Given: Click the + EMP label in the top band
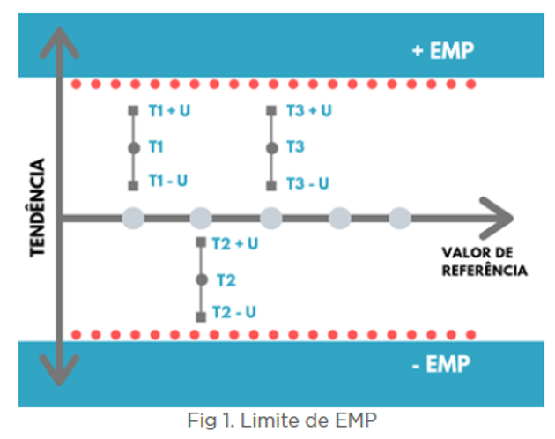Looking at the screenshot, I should pyautogui.click(x=442, y=50).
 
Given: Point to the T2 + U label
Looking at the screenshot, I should pyautogui.click(x=236, y=243).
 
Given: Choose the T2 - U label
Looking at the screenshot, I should pyautogui.click(x=234, y=312).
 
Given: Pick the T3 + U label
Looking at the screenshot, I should pyautogui.click(x=309, y=111).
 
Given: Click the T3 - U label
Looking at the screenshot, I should pyautogui.click(x=308, y=183).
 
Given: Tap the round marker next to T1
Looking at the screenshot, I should pyautogui.click(x=133, y=147).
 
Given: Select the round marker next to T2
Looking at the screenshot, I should pyautogui.click(x=202, y=279).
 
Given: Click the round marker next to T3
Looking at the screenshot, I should pyautogui.click(x=271, y=147).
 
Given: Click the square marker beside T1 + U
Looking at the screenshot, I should pyautogui.click(x=133, y=111).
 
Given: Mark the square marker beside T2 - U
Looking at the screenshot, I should pyautogui.click(x=202, y=315).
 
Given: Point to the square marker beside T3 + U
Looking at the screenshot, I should pyautogui.click(x=271, y=111).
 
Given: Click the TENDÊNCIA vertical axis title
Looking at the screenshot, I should pyautogui.click(x=38, y=207).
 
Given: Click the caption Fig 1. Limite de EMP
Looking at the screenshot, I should pyautogui.click(x=282, y=420).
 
